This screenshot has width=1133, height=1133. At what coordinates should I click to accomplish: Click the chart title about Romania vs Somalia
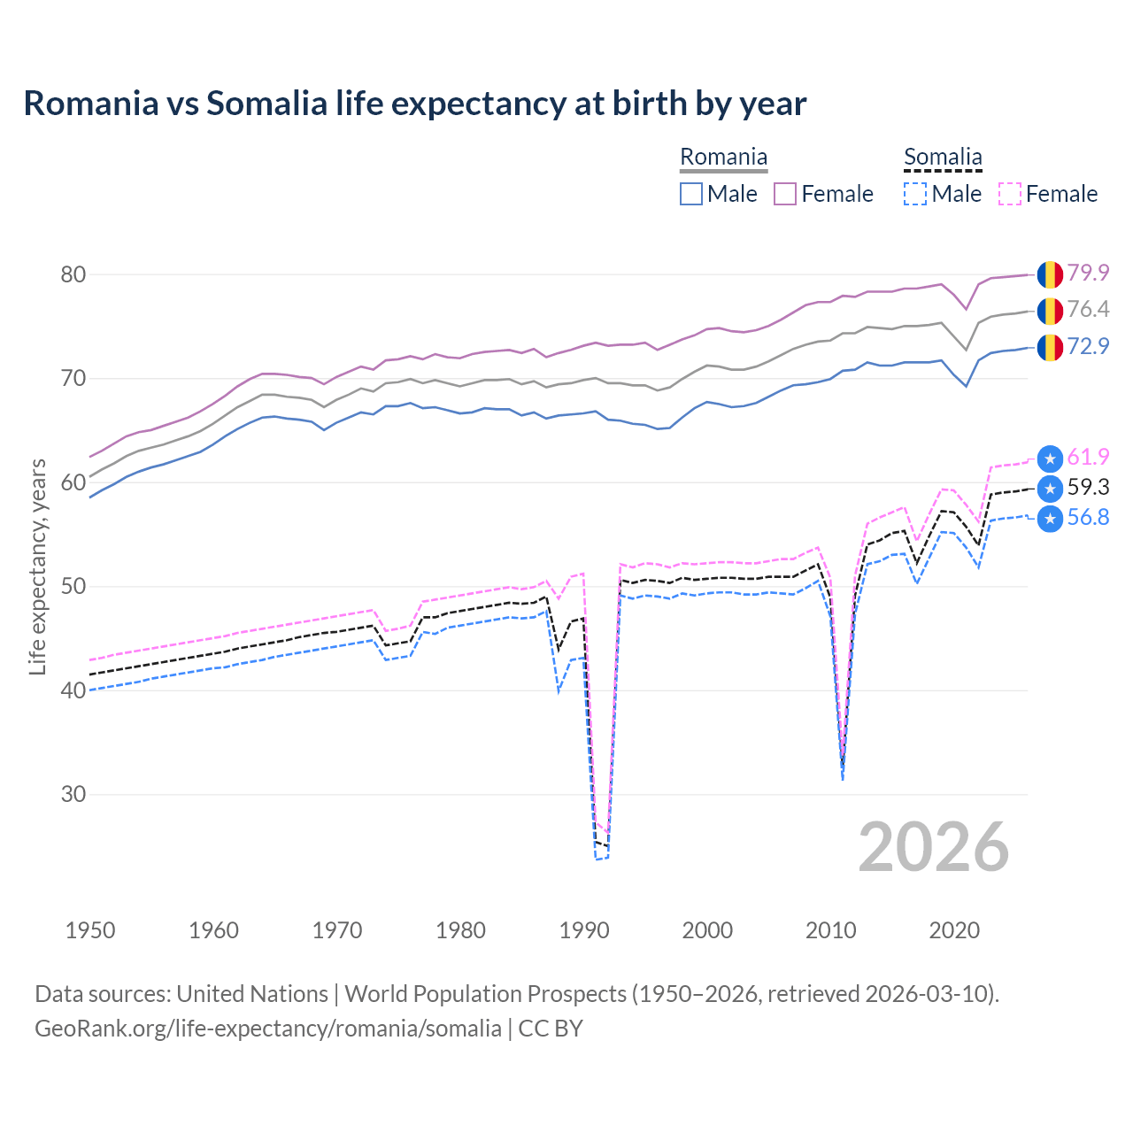414,104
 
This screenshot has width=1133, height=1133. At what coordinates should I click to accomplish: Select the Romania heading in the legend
723,158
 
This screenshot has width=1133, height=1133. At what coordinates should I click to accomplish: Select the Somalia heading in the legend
943,158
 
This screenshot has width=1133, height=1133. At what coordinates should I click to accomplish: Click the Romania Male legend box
691,194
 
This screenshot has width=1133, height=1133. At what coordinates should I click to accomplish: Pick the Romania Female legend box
785,194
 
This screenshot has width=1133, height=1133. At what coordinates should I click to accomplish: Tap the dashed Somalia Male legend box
915,194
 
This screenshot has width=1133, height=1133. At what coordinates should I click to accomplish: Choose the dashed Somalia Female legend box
1009,194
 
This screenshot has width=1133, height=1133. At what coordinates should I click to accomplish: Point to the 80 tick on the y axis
73,274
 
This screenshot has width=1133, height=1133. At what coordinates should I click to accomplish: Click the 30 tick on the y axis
73,794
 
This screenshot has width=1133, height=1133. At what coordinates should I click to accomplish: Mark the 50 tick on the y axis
73,586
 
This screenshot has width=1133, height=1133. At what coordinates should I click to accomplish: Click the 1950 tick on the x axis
90,930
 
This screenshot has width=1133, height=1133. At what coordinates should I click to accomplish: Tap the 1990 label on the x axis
584,930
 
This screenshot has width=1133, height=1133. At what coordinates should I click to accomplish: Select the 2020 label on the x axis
954,930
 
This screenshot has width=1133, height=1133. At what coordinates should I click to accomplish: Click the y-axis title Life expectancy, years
37,566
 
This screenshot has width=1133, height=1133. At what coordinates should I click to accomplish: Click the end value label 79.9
1088,273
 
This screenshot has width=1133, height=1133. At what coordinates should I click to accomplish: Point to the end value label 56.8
1088,518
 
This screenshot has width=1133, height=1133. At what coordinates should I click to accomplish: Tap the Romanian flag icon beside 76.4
1050,311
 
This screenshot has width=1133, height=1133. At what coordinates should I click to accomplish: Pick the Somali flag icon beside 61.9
1050,459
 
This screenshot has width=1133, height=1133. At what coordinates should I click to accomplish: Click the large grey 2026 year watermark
934,847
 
